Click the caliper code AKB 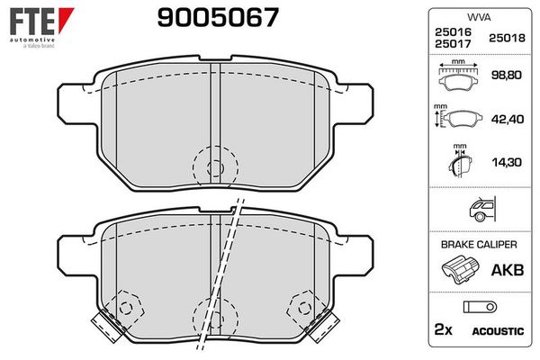[x=504, y=267]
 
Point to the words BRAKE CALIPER [x=477, y=243]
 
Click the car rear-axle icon [x=478, y=209]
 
